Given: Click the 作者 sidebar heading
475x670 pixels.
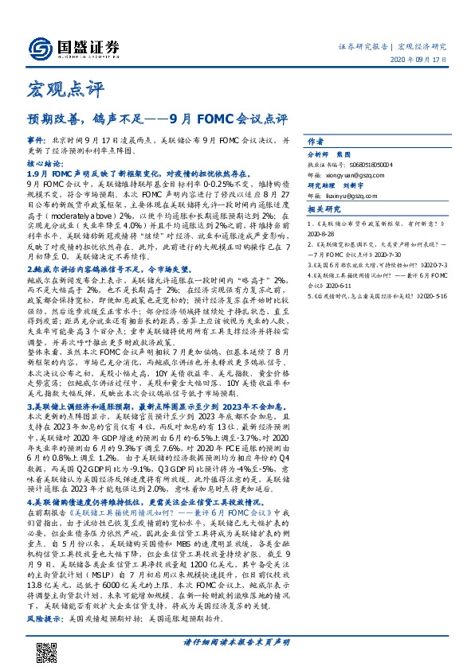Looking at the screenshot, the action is (316, 136).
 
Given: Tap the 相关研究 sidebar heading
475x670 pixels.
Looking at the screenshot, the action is (323, 208).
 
